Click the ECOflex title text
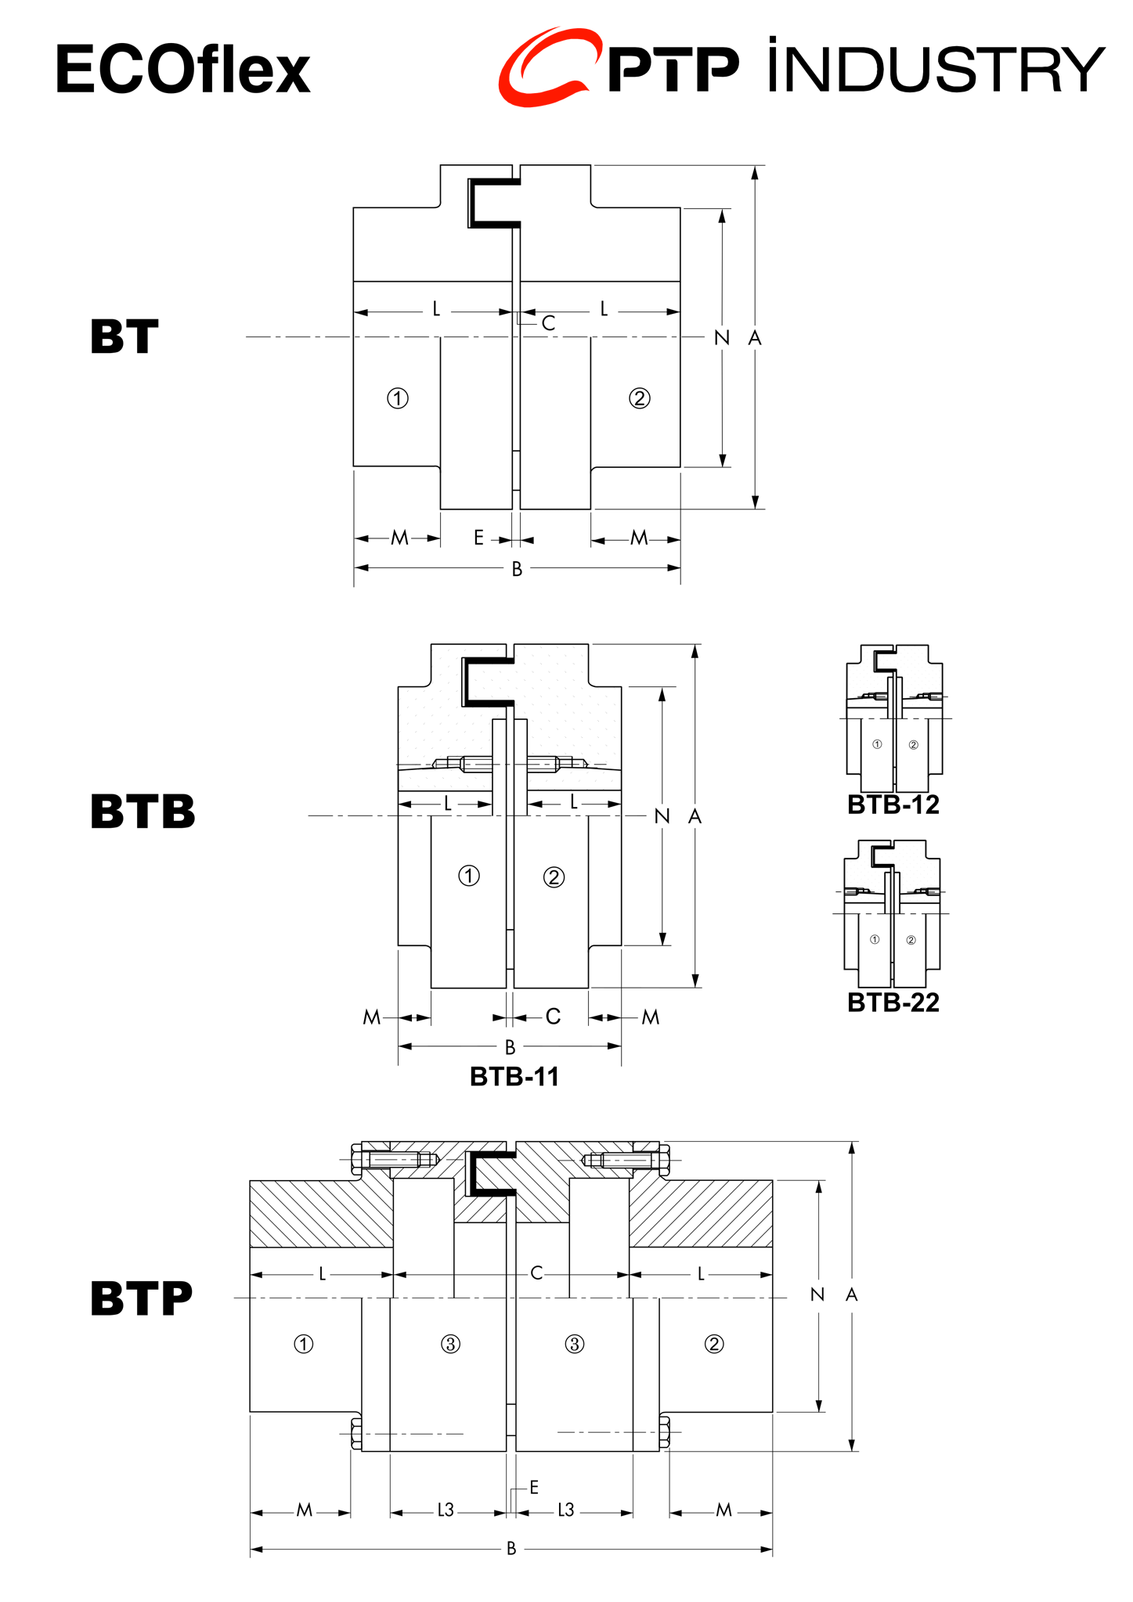pos(182,70)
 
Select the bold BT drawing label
pos(124,337)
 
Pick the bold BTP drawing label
pos(141,1298)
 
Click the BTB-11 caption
pos(514,1077)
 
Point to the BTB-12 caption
pos(893,805)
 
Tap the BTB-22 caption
pos(893,1003)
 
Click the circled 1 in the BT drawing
pos(398,398)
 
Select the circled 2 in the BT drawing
pos(640,398)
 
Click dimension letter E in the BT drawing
pos(478,538)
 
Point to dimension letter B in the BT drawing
pos(517,570)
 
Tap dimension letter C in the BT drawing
pos(548,323)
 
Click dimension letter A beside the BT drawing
pos(755,338)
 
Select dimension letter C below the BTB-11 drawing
pos(553,1017)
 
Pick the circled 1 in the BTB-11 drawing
pos(469,876)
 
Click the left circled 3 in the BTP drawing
pos(450,1345)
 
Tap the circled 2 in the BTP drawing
pos(714,1345)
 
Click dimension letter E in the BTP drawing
pos(534,1487)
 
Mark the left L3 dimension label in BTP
pos(446,1510)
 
